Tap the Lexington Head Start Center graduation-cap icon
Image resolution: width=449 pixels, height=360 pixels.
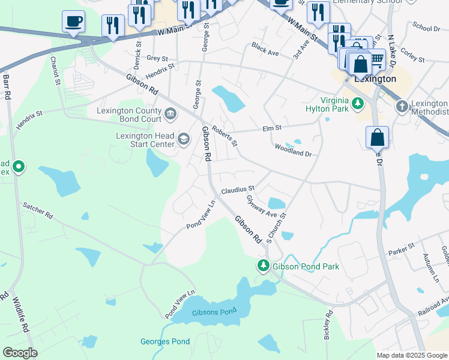point(184,140)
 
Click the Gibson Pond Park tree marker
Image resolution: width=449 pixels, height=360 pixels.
point(263,265)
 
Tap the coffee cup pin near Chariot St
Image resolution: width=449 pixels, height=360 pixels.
point(73,22)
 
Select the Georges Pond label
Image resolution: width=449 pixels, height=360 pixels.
point(165,342)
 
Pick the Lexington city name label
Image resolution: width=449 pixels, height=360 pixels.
point(375,79)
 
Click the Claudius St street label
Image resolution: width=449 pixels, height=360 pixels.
point(238,190)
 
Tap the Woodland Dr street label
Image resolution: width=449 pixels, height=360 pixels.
point(293,150)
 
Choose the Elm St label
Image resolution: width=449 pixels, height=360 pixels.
point(272,127)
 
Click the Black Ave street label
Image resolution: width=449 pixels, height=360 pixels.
point(265,49)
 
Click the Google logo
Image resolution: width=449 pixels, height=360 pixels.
point(20,353)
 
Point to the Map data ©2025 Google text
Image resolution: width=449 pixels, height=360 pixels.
point(412,355)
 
